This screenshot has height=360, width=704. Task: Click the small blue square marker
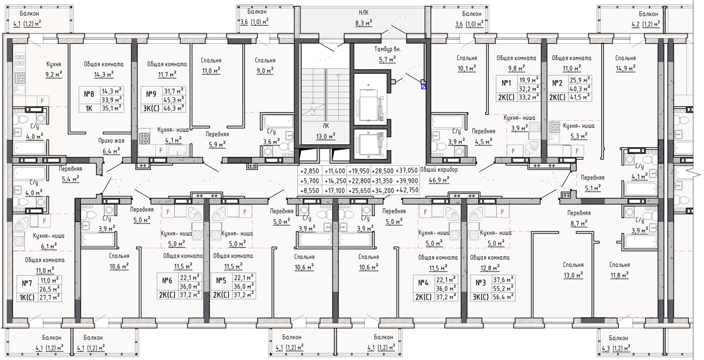pyautogui.click(x=424, y=86)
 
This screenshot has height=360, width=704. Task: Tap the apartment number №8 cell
pyautogui.click(x=89, y=94)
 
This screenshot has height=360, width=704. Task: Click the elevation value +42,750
pyautogui.click(x=407, y=190)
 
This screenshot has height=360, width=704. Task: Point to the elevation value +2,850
pyautogui.click(x=310, y=171)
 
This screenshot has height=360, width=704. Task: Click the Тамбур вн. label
pyautogui.click(x=388, y=49)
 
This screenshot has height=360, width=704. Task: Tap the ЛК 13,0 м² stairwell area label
pyautogui.click(x=326, y=131)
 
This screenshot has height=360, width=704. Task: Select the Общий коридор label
pyautogui.click(x=439, y=170)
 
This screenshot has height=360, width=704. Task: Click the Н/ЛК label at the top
pyautogui.click(x=364, y=12)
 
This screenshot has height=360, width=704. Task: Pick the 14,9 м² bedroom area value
pyautogui.click(x=625, y=69)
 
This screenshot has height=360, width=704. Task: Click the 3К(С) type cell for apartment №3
pyautogui.click(x=480, y=297)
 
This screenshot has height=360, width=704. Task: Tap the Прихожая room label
pyautogui.click(x=111, y=141)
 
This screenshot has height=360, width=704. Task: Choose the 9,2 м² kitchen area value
pyautogui.click(x=54, y=74)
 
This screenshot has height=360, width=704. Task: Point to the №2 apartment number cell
pyautogui.click(x=557, y=83)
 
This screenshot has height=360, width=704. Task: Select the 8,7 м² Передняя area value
pyautogui.click(x=580, y=223)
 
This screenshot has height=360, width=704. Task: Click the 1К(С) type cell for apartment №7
pyautogui.click(x=27, y=297)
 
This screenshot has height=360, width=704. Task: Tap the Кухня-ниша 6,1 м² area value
pyautogui.click(x=49, y=246)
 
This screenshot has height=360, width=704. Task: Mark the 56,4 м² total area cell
pyautogui.click(x=503, y=297)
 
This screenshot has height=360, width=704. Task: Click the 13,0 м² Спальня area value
pyautogui.click(x=573, y=276)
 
